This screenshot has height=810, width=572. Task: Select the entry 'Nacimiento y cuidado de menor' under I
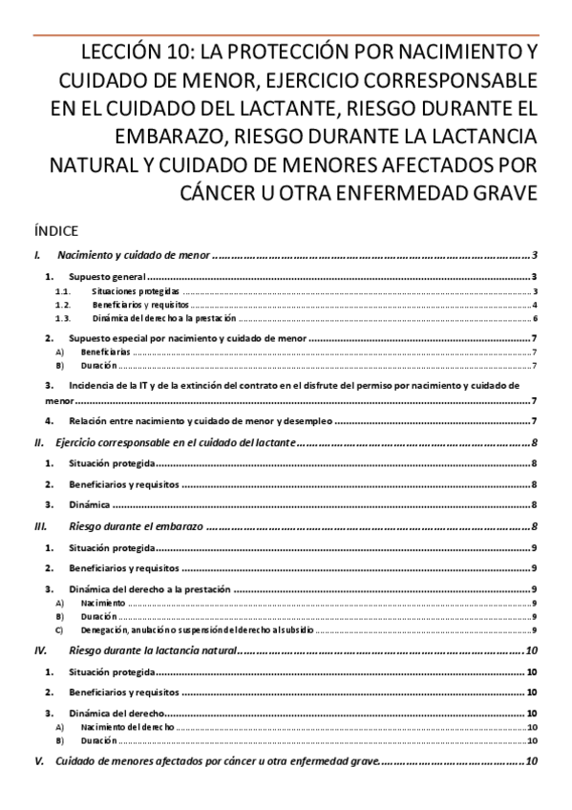tap(133, 256)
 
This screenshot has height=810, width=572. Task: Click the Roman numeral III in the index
tap(40, 525)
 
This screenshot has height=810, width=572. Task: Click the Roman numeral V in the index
tap(38, 761)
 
